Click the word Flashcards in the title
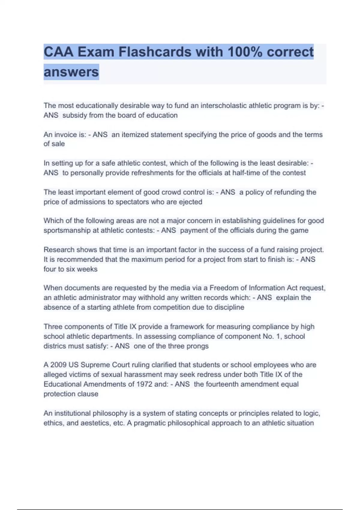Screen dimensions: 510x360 (x=155, y=52)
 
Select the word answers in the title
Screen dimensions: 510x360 (x=71, y=72)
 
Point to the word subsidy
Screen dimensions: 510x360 (x=75, y=115)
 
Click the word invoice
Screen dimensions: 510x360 (x=66, y=135)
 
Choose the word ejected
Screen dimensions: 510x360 (x=190, y=202)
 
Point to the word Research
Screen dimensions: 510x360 (x=59, y=250)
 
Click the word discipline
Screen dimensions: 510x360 (x=229, y=307)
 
